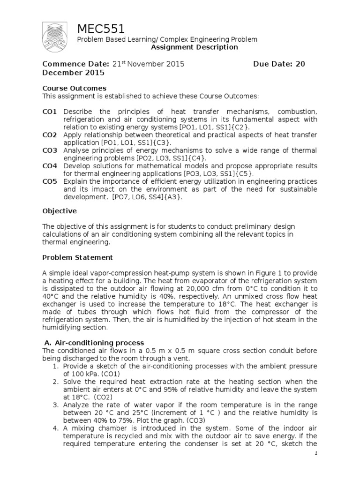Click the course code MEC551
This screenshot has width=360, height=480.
pos(101,29)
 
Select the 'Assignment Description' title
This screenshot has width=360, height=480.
pos(194,47)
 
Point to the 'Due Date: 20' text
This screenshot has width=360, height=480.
pos(279,64)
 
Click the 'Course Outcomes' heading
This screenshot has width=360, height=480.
pos(75,88)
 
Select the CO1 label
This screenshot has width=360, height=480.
pos(50,112)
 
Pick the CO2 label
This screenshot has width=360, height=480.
pos(50,135)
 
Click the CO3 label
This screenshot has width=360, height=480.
pos(50,150)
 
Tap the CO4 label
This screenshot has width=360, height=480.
pos(50,166)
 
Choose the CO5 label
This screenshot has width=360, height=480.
pos(50,181)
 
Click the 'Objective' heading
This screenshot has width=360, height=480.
pos(60,211)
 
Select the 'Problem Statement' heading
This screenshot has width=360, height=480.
pos(77,257)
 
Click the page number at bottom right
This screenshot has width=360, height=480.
pos(316,453)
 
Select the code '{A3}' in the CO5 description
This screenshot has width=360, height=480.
pos(172,197)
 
